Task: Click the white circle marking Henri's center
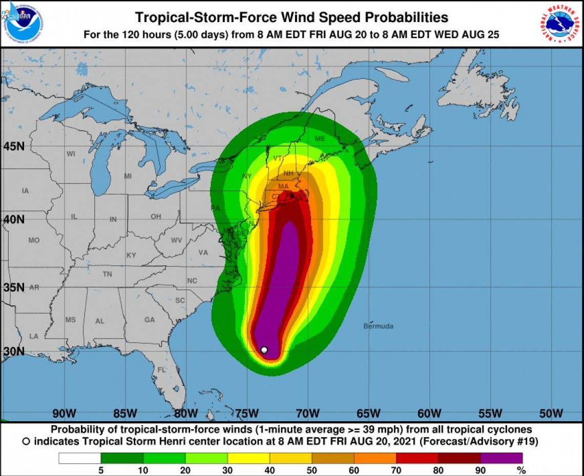264,350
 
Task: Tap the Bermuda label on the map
378,326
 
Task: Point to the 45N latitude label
14,147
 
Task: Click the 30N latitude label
14,351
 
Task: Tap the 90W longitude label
64,413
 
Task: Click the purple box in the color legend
502,458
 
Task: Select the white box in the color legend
79,458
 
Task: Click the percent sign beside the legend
522,470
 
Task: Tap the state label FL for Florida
161,369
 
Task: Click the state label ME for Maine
320,139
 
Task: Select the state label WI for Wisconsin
71,154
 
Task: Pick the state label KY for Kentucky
132,255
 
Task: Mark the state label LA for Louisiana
34,336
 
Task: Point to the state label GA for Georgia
149,320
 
